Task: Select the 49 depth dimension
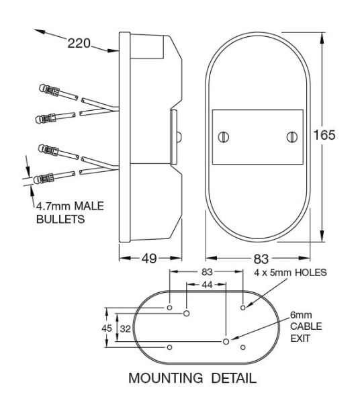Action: coord(150,257)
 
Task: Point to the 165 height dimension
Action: coord(324,134)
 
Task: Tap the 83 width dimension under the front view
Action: coord(257,257)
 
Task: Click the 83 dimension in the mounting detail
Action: coord(206,272)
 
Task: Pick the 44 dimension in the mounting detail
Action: coord(206,285)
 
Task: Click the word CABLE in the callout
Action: coord(306,326)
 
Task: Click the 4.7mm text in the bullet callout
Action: coord(50,207)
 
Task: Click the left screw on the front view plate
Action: coord(224,136)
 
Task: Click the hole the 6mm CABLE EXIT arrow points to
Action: coord(227,341)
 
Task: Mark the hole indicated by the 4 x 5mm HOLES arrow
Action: coord(242,307)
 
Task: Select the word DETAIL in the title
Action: coord(227,378)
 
